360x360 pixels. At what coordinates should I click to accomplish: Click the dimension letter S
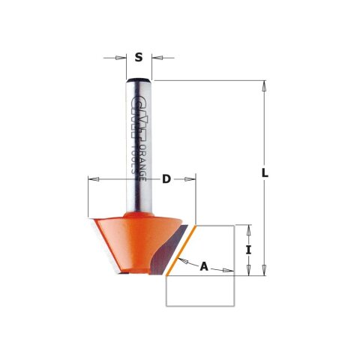click(x=139, y=57)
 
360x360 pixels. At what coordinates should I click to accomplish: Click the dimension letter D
click(x=166, y=179)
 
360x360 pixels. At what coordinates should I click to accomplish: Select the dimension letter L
click(x=265, y=173)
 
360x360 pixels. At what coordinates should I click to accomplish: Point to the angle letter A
click(x=203, y=265)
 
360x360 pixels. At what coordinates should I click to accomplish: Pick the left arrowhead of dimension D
click(x=93, y=179)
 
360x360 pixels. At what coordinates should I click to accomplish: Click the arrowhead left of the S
click(x=121, y=57)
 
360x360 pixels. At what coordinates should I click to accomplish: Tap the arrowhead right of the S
click(x=157, y=57)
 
